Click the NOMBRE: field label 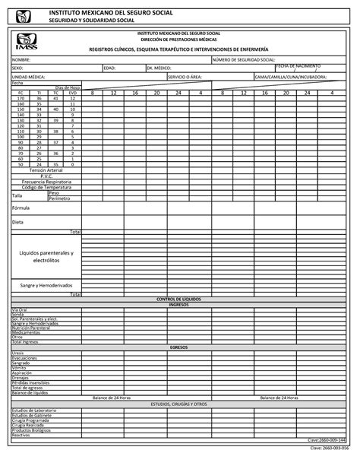(x=21, y=59)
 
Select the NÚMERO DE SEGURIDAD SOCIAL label (x=244, y=59)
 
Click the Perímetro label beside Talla (x=59, y=198)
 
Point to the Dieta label (x=17, y=222)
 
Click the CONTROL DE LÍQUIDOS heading (x=178, y=300)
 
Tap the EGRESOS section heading (x=178, y=347)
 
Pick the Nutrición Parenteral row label (x=31, y=328)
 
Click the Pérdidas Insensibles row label (x=30, y=382)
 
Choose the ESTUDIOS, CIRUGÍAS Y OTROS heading (x=178, y=404)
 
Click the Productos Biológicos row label (x=31, y=430)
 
